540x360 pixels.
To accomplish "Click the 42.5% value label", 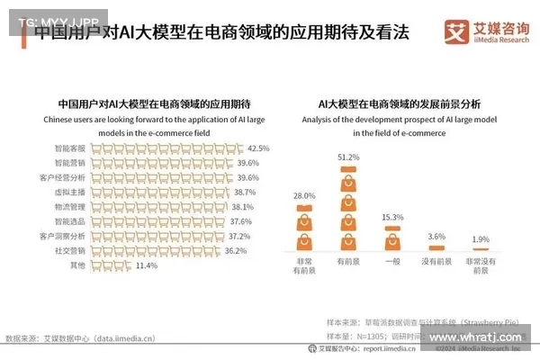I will click(258, 148).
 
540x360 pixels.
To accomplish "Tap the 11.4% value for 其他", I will click(147, 265).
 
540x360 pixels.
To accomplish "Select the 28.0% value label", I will click(304, 195).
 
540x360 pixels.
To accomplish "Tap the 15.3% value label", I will click(391, 217).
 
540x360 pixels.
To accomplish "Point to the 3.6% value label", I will click(436, 237).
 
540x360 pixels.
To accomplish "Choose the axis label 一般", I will click(391, 261).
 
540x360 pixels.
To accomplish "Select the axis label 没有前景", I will click(436, 261).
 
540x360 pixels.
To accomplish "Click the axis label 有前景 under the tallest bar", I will click(348, 261).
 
